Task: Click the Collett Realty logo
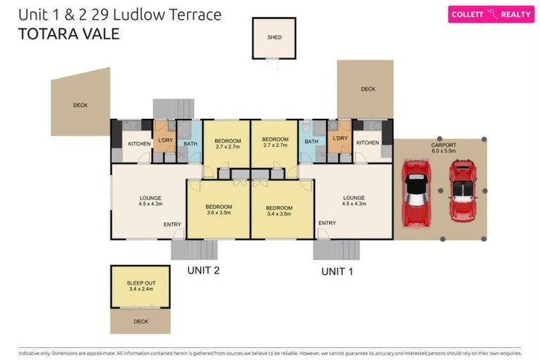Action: pyautogui.click(x=491, y=14)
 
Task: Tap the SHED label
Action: pyautogui.click(x=274, y=37)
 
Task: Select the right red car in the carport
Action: pyautogui.click(x=462, y=190)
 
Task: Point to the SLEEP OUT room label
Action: pyautogui.click(x=140, y=285)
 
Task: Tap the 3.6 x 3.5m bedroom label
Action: pyautogui.click(x=219, y=210)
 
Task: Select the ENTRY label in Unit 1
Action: pyautogui.click(x=327, y=223)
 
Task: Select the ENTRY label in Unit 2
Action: pyautogui.click(x=172, y=224)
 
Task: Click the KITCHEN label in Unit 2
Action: pyautogui.click(x=139, y=143)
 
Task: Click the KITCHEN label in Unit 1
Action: pyautogui.click(x=367, y=143)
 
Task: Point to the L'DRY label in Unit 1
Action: pyautogui.click(x=340, y=139)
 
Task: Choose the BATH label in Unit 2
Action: pyautogui.click(x=190, y=143)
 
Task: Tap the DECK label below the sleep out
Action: pyautogui.click(x=140, y=321)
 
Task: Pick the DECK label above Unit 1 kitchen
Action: pyautogui.click(x=368, y=89)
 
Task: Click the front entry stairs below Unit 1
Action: pyautogui.click(x=336, y=250)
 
